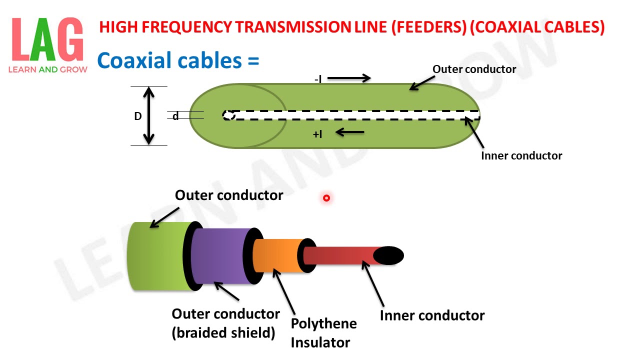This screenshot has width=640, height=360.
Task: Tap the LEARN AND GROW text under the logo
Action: [x=48, y=69]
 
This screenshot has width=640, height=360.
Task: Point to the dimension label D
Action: [x=138, y=116]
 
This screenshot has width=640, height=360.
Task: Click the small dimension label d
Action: [x=175, y=116]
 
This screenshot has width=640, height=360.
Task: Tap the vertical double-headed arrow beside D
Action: [x=149, y=115]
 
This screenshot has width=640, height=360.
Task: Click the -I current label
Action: [x=318, y=79]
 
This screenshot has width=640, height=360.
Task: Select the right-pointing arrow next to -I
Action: [x=349, y=77]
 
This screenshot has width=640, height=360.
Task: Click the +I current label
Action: [x=317, y=134]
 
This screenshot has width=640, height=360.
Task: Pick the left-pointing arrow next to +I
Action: [x=349, y=132]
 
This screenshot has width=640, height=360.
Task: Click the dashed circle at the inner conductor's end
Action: [x=228, y=115]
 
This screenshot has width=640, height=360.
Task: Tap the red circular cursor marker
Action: [x=326, y=198]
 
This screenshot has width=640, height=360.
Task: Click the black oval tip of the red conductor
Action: [x=388, y=255]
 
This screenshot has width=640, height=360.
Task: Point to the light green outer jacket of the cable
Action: [x=155, y=255]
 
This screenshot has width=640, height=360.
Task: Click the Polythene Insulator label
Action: [x=323, y=332]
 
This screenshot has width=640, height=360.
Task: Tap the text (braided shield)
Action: [x=223, y=332]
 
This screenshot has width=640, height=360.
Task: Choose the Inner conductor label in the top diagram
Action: [x=521, y=155]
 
